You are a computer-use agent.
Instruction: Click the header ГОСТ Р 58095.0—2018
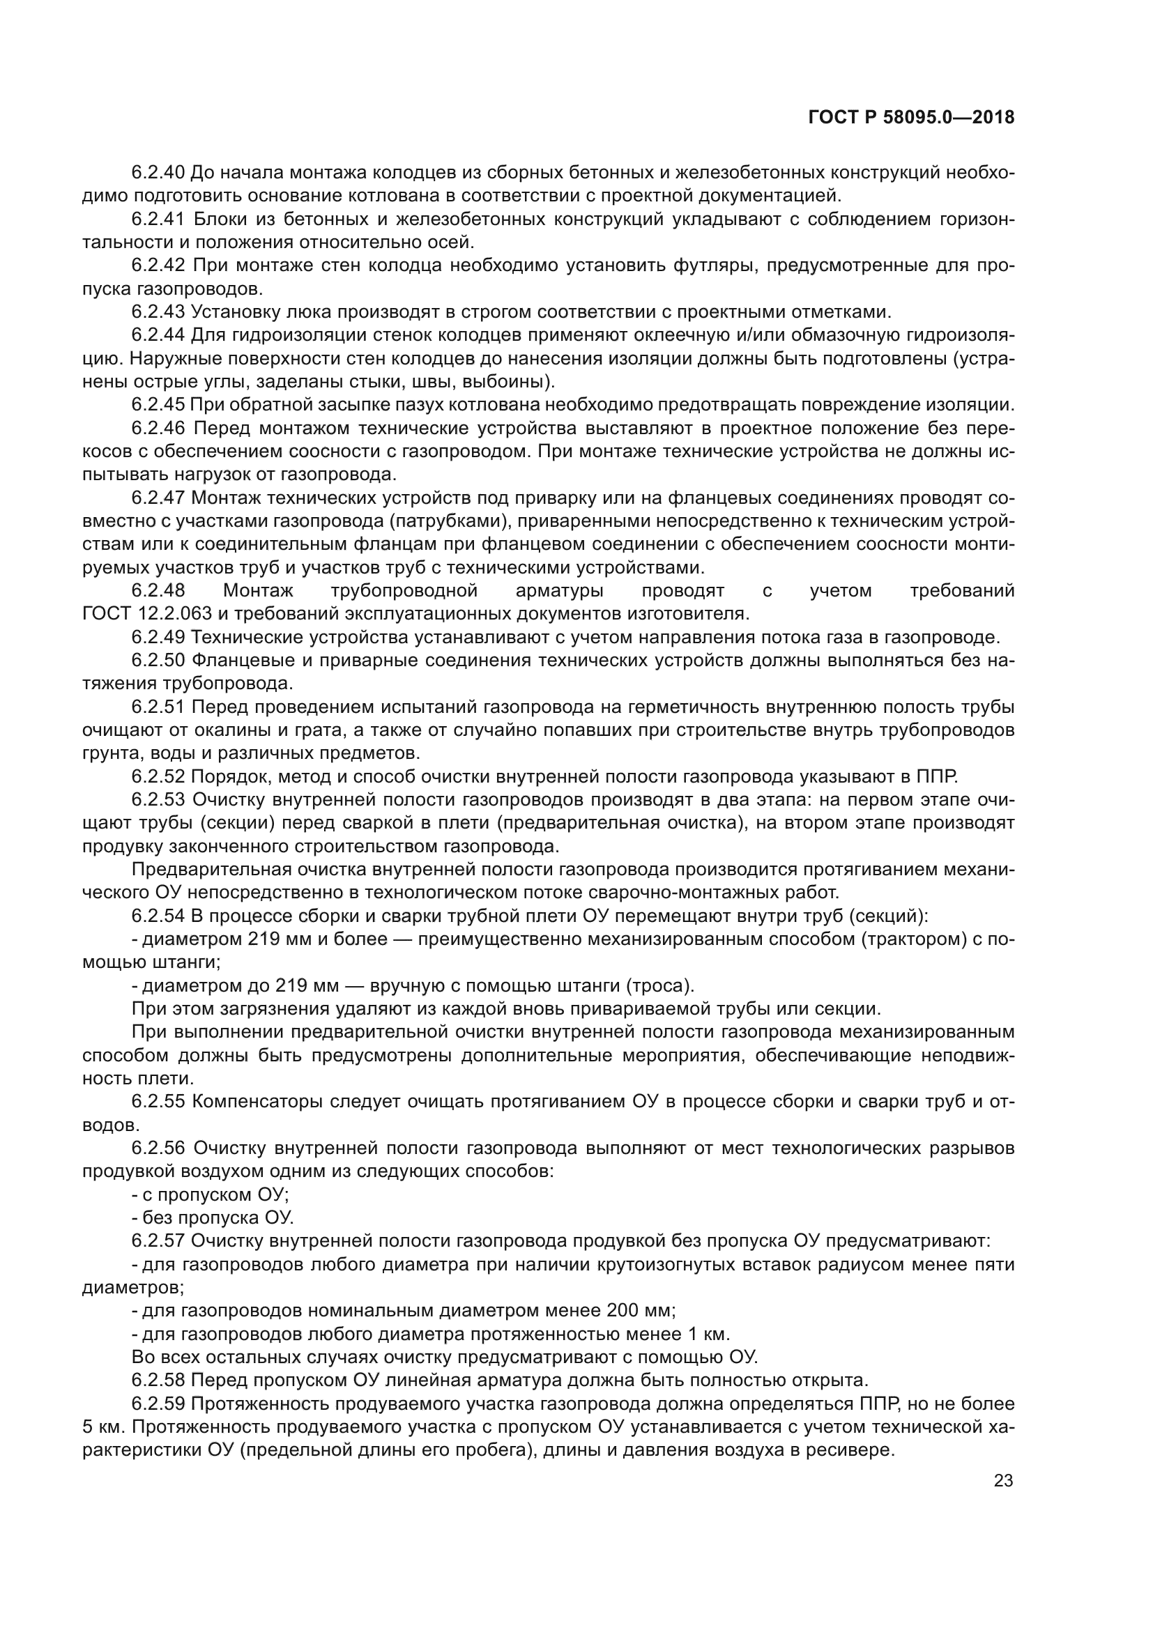tap(911, 118)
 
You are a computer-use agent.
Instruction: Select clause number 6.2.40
tap(158, 173)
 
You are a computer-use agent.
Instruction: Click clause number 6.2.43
tap(158, 312)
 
